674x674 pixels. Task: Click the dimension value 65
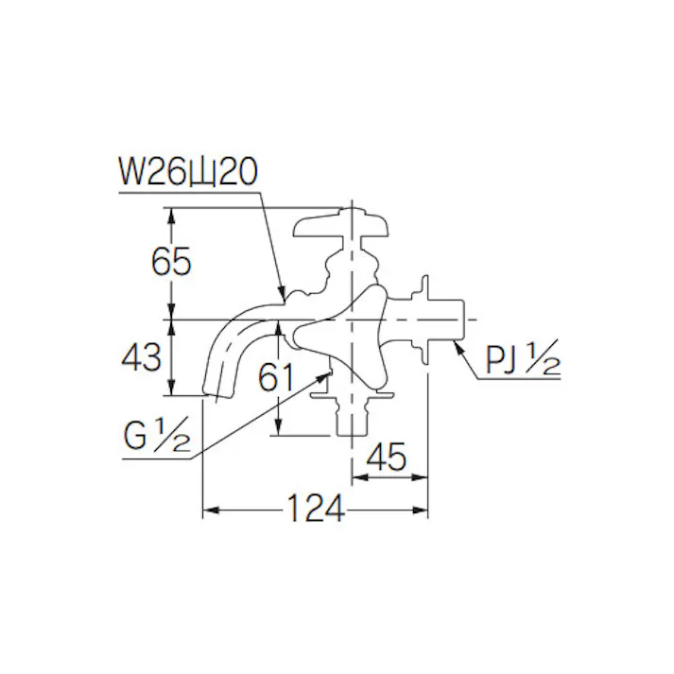click(x=171, y=260)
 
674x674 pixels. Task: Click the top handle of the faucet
click(x=340, y=225)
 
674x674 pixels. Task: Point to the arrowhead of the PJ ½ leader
click(x=458, y=346)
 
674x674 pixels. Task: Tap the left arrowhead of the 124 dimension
click(x=209, y=510)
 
